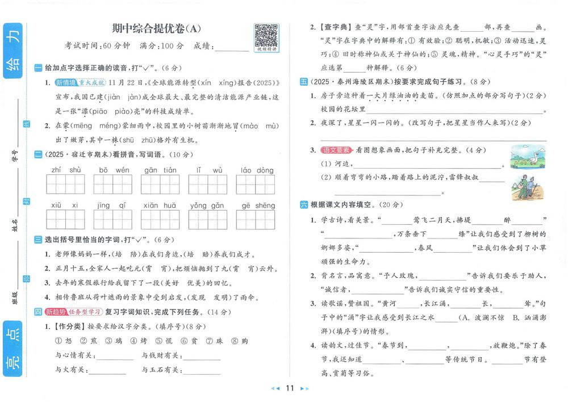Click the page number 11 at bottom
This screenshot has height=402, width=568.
[289, 388]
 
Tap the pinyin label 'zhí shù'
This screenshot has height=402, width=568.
[66, 170]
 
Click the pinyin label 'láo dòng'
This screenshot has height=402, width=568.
[257, 170]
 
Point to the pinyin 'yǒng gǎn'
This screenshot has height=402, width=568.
[207, 206]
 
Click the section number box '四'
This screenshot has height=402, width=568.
[38, 312]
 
